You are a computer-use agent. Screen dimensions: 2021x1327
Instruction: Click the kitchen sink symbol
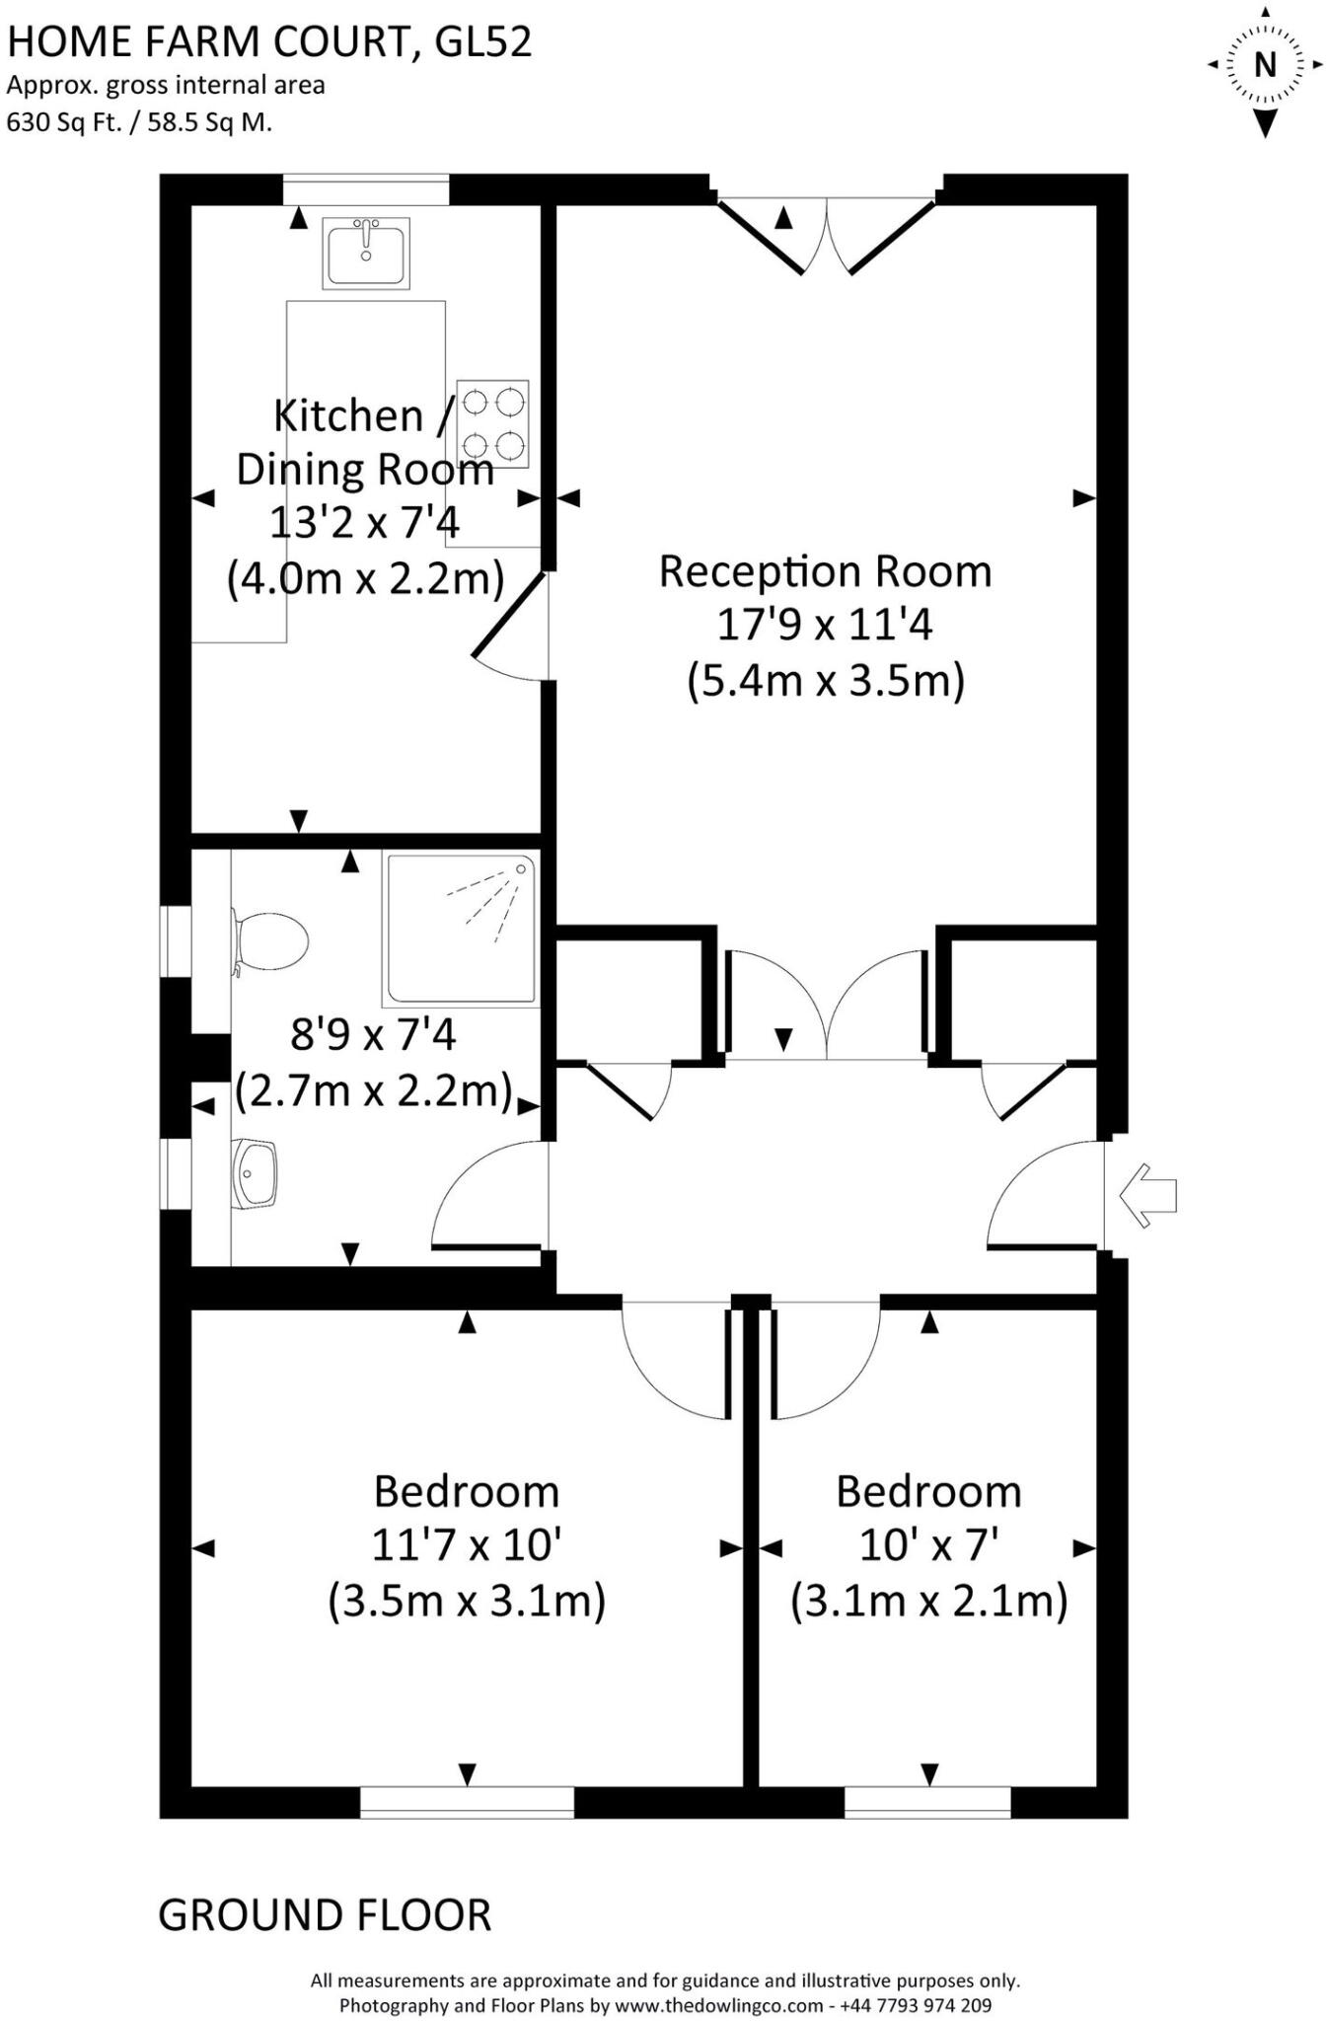click(x=366, y=253)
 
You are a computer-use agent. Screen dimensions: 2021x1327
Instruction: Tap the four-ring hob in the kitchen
click(x=492, y=424)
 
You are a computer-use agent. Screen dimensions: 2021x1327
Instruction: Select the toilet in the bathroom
click(x=270, y=941)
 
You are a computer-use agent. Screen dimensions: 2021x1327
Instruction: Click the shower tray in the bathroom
click(x=461, y=929)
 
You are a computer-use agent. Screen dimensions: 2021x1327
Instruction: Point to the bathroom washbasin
click(x=255, y=1173)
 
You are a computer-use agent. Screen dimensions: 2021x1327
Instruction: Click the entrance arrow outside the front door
click(x=1148, y=1195)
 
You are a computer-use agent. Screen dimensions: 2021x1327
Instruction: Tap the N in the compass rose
click(x=1264, y=65)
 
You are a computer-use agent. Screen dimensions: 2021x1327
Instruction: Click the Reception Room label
click(x=825, y=571)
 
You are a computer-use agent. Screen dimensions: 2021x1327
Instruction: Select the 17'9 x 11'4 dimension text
click(x=825, y=625)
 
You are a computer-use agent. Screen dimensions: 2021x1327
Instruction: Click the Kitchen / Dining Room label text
click(x=364, y=442)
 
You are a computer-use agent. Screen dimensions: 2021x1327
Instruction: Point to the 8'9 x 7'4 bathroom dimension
click(x=373, y=1035)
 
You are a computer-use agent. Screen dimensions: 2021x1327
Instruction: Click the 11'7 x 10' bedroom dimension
click(x=466, y=1544)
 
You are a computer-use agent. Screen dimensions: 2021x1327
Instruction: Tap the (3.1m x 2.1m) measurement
click(x=928, y=1600)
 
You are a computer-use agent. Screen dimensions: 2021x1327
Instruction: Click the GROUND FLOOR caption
click(x=325, y=1915)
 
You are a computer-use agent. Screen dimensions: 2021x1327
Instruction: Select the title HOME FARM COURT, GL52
click(x=269, y=41)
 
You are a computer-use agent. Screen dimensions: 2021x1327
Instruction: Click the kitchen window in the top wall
click(x=365, y=189)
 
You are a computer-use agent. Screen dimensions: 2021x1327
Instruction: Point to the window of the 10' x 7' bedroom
click(x=927, y=1802)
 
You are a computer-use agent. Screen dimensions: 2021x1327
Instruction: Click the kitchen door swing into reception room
click(x=508, y=628)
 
